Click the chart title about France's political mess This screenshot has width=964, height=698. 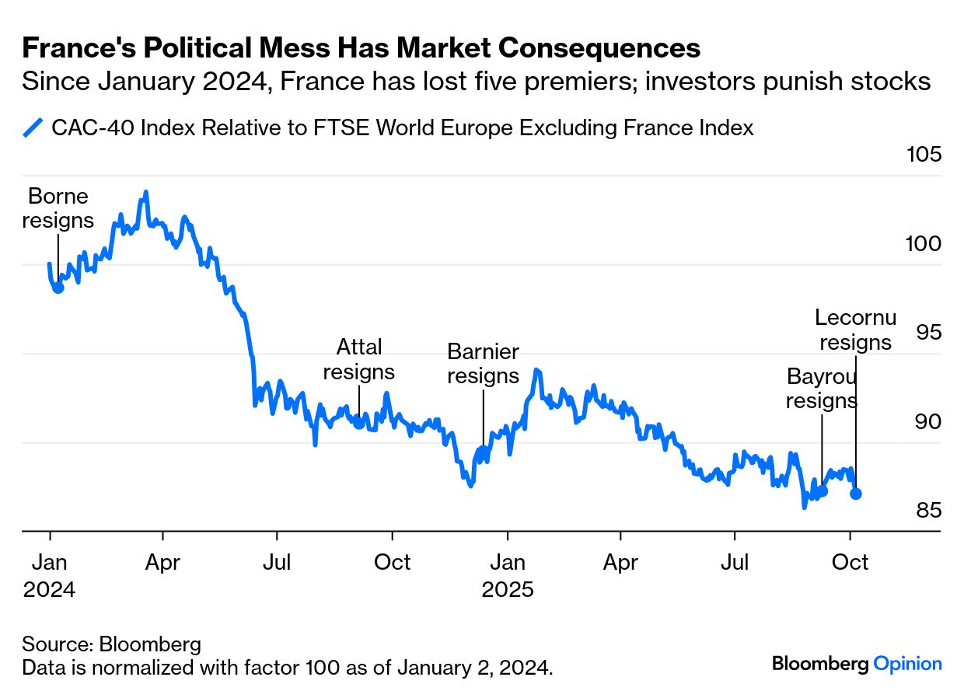pyautogui.click(x=361, y=48)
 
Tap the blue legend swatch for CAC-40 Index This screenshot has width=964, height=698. pyautogui.click(x=33, y=127)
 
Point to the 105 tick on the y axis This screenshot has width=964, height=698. pyautogui.click(x=924, y=154)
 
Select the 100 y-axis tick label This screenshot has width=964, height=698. pyautogui.click(x=924, y=243)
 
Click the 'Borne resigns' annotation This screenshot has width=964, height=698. pyautogui.click(x=58, y=208)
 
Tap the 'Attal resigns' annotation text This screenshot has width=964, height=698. pyautogui.click(x=358, y=359)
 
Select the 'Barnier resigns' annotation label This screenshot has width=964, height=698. pyautogui.click(x=483, y=364)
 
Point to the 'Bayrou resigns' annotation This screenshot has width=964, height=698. pyautogui.click(x=821, y=389)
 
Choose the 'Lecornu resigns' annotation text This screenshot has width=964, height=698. pyautogui.click(x=855, y=330)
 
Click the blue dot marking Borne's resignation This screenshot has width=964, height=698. pyautogui.click(x=58, y=287)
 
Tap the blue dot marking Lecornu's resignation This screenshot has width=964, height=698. pyautogui.click(x=856, y=493)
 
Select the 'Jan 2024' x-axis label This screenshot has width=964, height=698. pyautogui.click(x=50, y=575)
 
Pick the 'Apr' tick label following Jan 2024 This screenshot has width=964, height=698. pyautogui.click(x=162, y=562)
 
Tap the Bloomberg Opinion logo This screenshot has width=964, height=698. pyautogui.click(x=857, y=664)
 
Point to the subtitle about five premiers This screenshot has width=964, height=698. pyautogui.click(x=476, y=82)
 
